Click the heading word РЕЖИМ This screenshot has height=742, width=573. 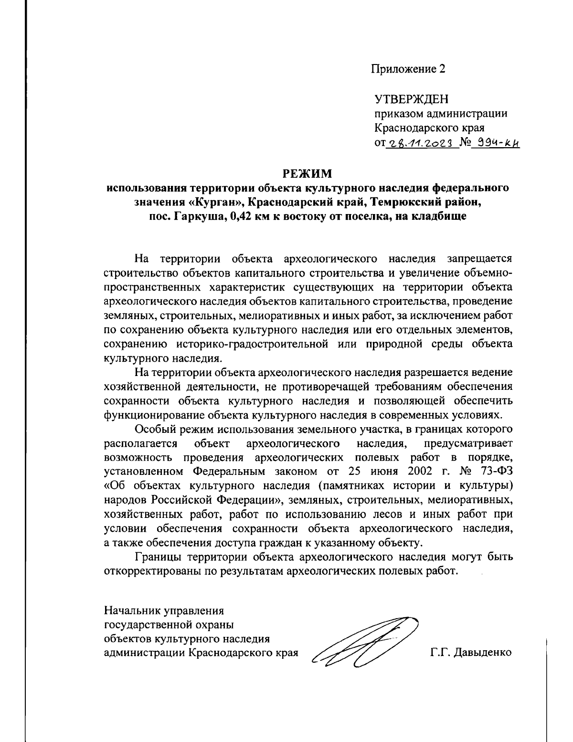(x=308, y=172)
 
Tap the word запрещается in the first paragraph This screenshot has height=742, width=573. (x=479, y=259)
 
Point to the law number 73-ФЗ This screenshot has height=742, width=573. (x=495, y=471)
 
